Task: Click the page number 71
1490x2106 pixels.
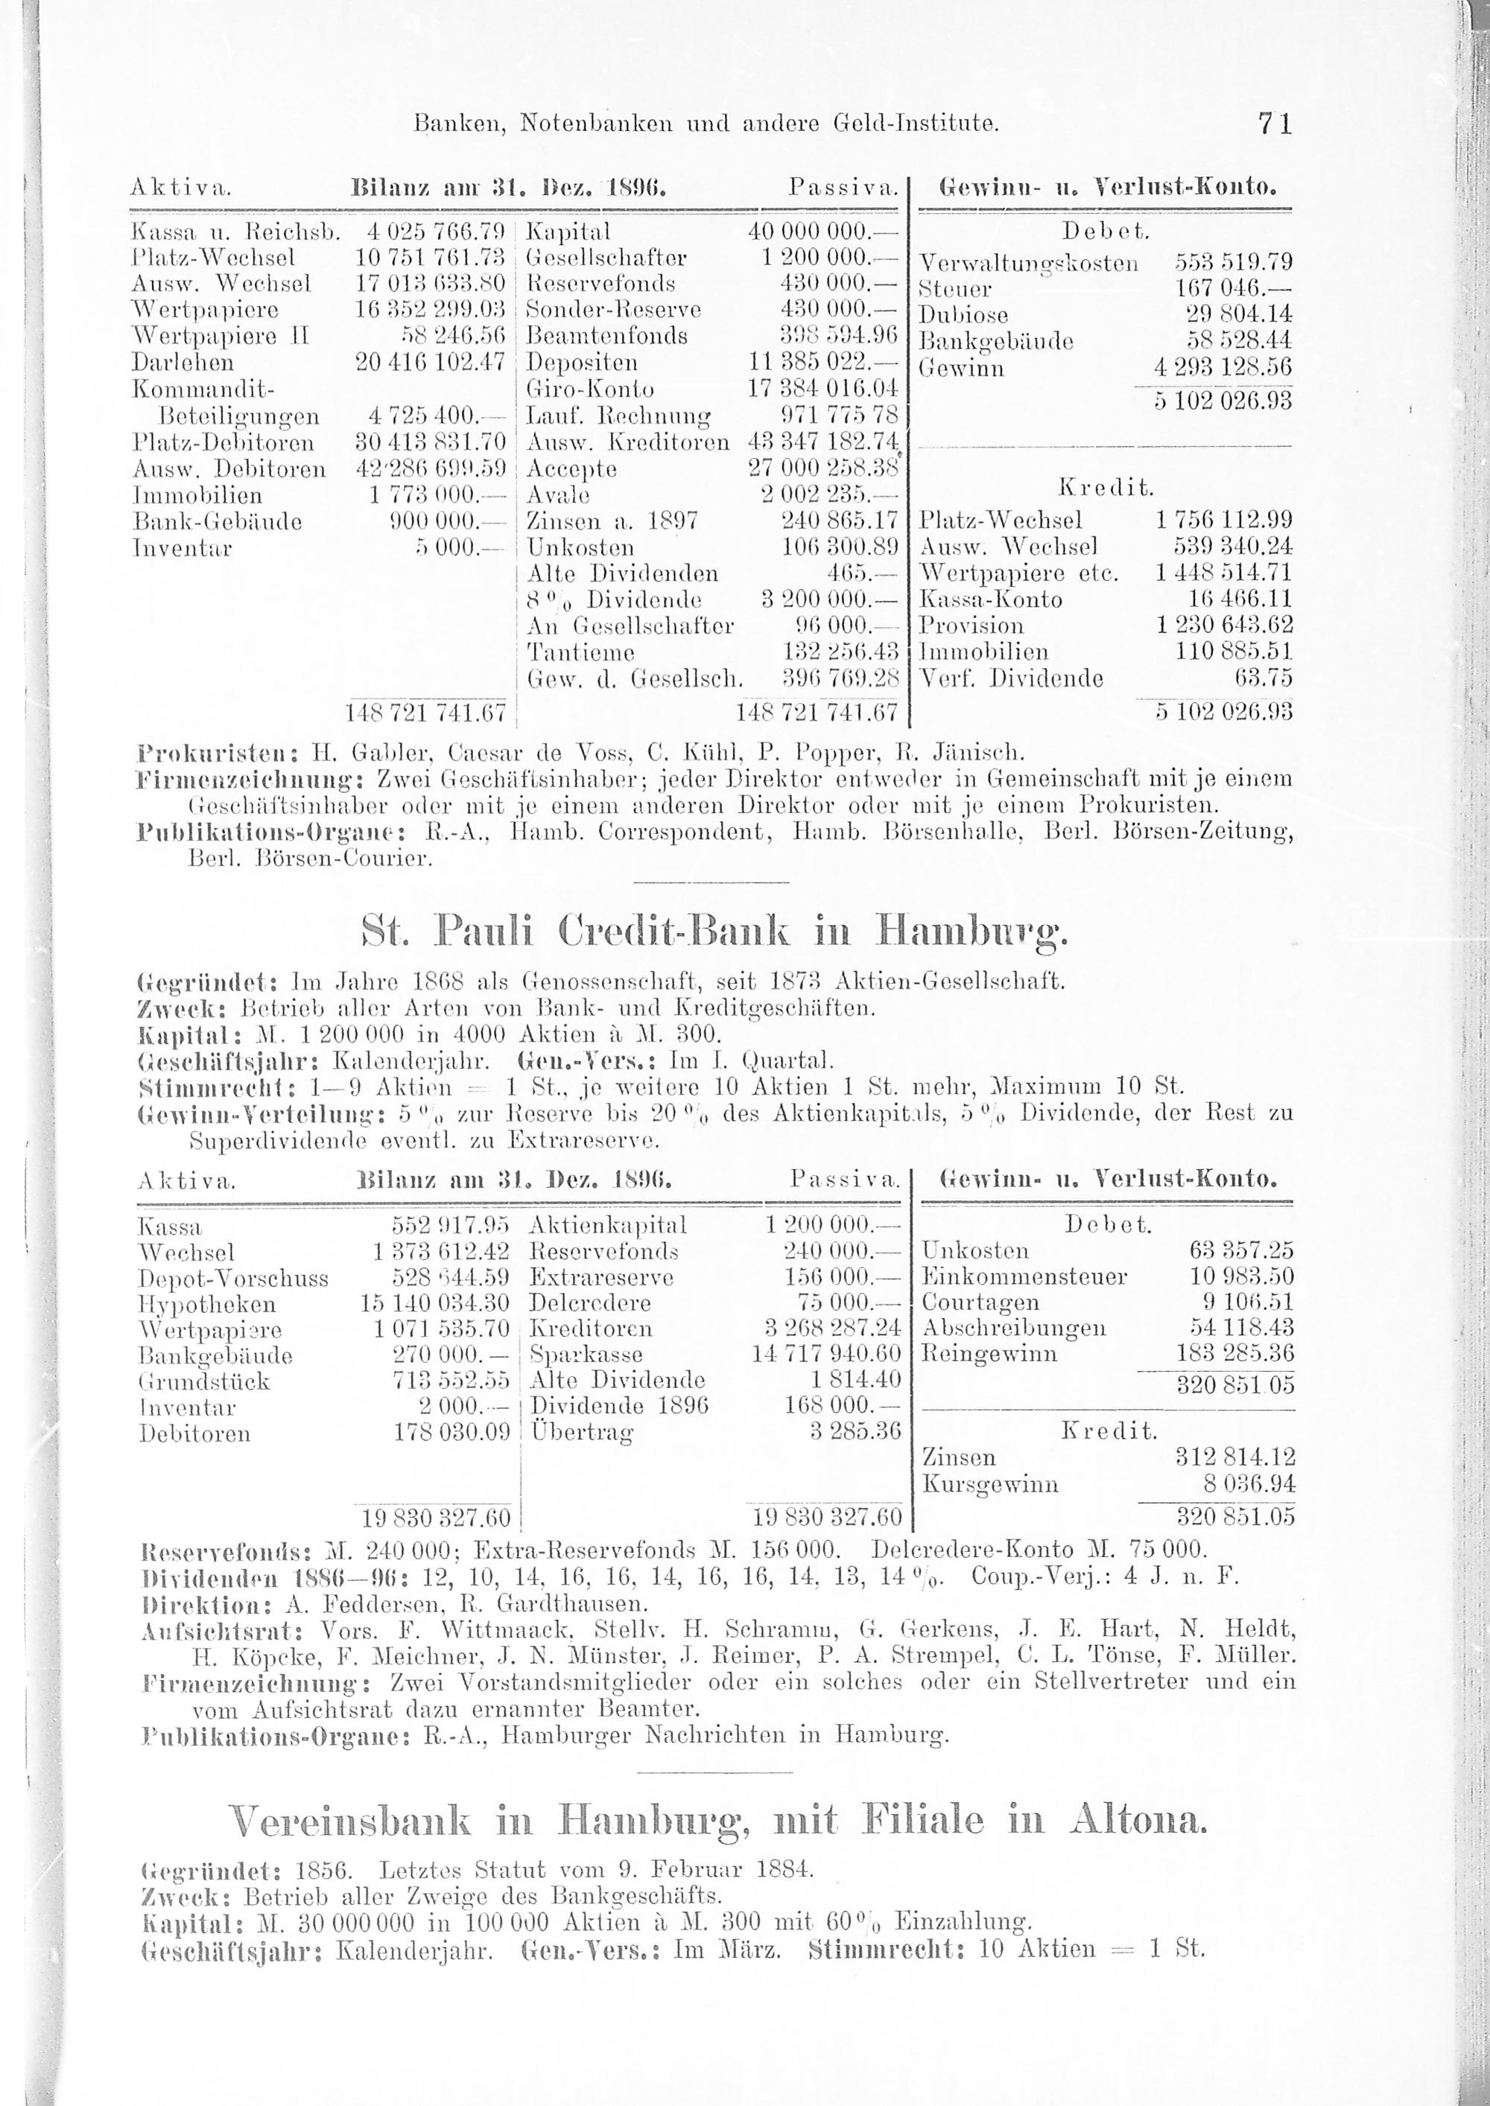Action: click(x=1275, y=122)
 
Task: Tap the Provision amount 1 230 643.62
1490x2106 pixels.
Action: click(x=1224, y=626)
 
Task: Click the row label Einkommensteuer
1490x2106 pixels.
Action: click(x=1024, y=1277)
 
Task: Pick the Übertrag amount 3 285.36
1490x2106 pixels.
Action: click(x=856, y=1432)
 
